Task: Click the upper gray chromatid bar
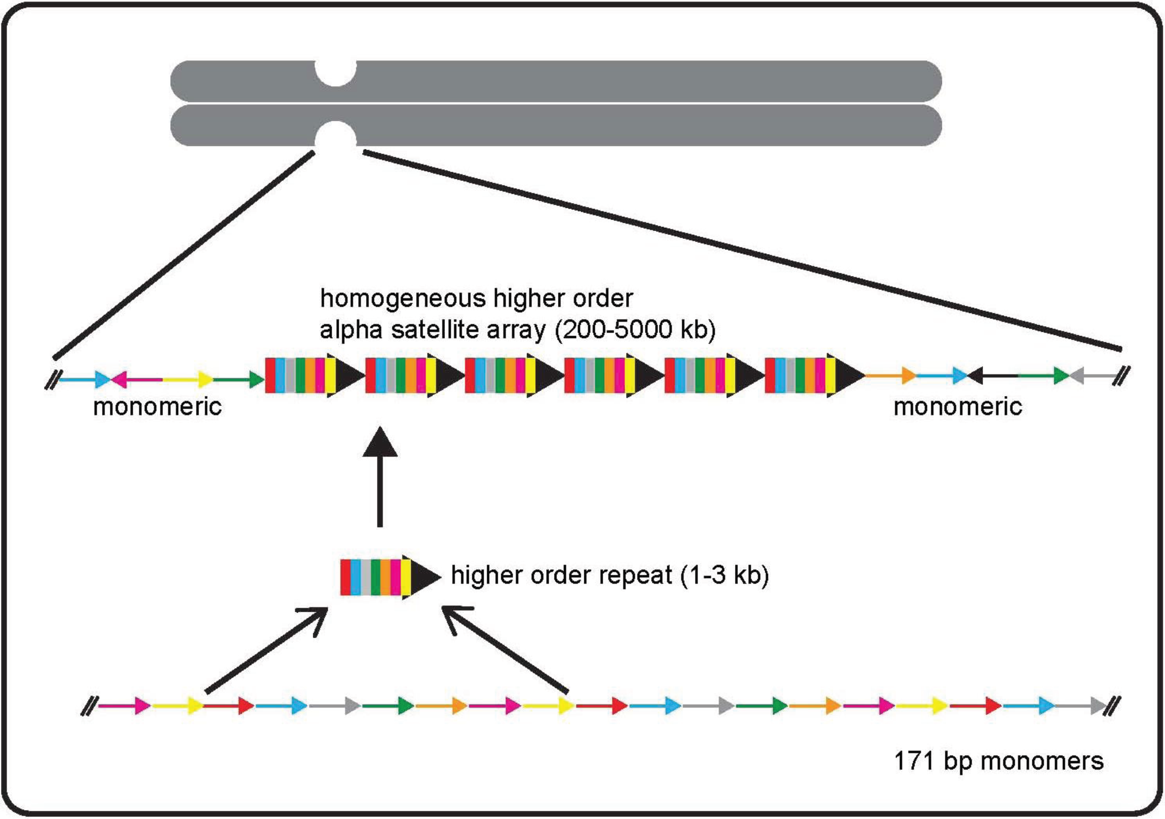pyautogui.click(x=609, y=81)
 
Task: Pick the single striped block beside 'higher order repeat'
pyautogui.click(x=388, y=577)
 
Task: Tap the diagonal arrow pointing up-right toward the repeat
pyautogui.click(x=266, y=649)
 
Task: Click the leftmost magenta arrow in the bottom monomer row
pyautogui.click(x=124, y=706)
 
